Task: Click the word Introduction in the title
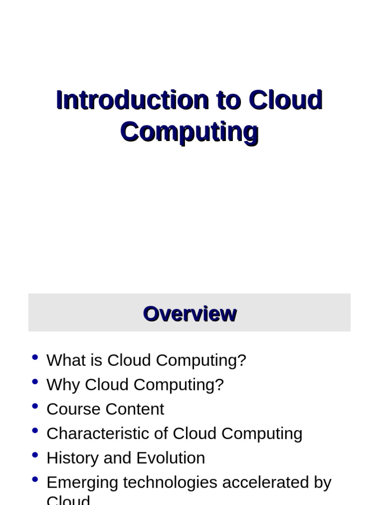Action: pos(132,100)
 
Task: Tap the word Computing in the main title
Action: pos(189,131)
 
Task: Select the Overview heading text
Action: pos(189,314)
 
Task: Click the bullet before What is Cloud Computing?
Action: pos(35,358)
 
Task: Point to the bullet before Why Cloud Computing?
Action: pos(35,382)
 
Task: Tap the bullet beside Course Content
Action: pos(35,406)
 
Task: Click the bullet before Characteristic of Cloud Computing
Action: pos(35,431)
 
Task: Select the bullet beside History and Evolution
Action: pos(35,455)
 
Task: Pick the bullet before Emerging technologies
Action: pos(35,479)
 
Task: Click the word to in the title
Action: pos(228,100)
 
